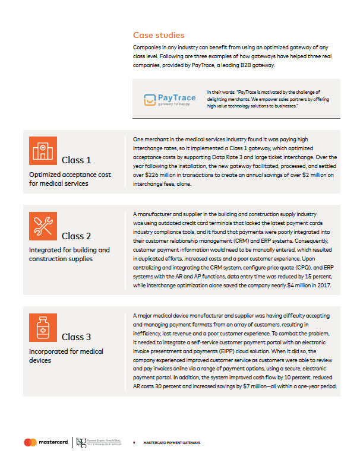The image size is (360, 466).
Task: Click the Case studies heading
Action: click(159, 35)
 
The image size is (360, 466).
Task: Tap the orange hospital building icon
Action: click(43, 151)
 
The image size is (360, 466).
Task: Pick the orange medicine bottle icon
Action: click(43, 327)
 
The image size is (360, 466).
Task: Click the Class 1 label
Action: click(76, 160)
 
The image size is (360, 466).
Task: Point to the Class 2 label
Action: click(76, 236)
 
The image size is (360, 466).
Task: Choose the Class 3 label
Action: click(76, 337)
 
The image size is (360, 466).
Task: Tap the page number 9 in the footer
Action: click(134, 443)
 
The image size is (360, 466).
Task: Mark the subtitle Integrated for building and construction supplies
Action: click(70, 255)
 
